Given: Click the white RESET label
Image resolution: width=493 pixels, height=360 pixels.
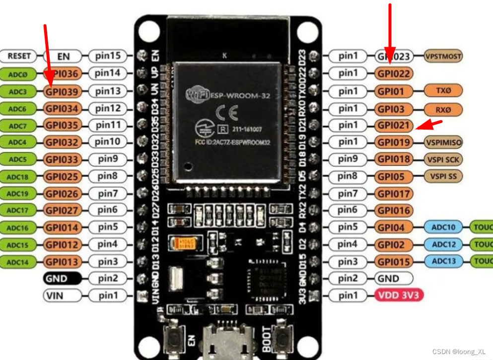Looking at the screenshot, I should [x=19, y=56].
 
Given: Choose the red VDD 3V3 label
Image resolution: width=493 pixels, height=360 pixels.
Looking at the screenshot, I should [x=399, y=296].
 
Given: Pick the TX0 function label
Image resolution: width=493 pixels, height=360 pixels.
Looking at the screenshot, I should [x=442, y=91].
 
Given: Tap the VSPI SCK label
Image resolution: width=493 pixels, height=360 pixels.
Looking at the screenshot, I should [x=443, y=159].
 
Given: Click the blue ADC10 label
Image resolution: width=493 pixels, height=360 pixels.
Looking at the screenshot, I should [x=443, y=227].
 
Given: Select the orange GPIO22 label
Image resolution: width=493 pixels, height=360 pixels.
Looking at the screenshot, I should [x=394, y=73].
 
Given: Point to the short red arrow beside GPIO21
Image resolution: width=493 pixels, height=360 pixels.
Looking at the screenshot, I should [x=428, y=124].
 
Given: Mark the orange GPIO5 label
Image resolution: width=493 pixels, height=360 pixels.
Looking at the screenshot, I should [x=394, y=176].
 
